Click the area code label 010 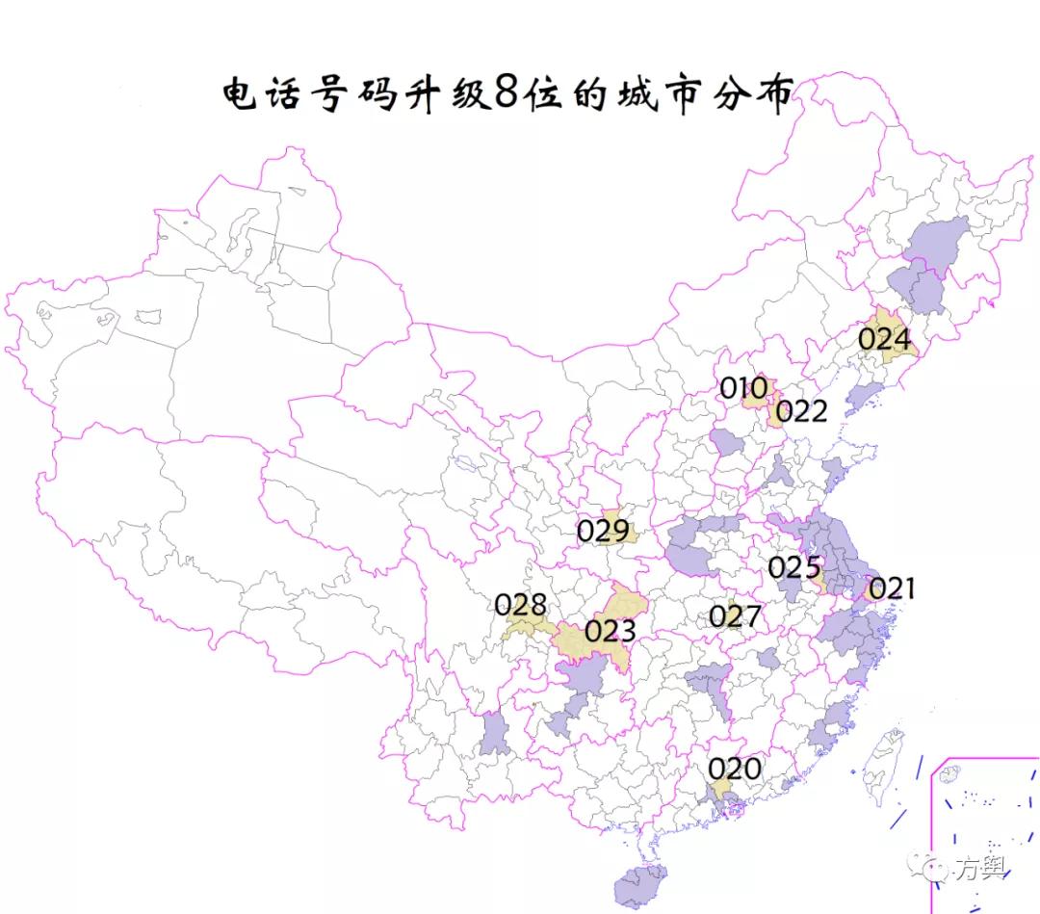[743, 388]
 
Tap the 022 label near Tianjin [801, 411]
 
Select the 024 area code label [884, 339]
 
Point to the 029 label [603, 531]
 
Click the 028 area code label [520, 605]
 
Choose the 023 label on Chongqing [610, 631]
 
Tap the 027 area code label [735, 616]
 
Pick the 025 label [793, 568]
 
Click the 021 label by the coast [892, 588]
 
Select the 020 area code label [735, 769]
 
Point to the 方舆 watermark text [980, 868]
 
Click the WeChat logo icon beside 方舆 [934, 868]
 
